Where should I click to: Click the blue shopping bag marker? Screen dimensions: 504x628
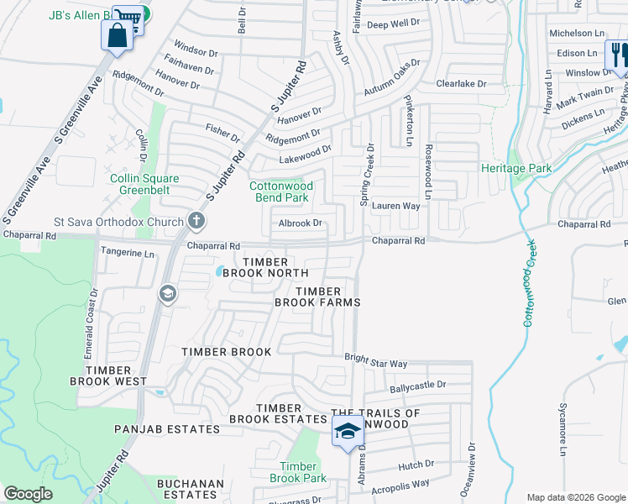115,35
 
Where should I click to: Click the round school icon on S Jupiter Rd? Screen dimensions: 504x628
166,293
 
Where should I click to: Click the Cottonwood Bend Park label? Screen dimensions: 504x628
281,192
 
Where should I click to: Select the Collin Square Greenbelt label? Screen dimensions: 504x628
144,184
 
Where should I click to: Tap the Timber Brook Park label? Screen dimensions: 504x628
297,472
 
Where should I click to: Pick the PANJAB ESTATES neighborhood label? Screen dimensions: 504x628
167,429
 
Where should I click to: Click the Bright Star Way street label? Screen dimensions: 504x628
375,362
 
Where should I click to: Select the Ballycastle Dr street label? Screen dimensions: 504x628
417,387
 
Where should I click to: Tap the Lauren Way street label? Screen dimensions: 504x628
395,205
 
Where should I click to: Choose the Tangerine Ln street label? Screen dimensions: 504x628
128,253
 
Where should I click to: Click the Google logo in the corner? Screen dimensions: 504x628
28,494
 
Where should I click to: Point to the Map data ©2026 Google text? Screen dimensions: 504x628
575,497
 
